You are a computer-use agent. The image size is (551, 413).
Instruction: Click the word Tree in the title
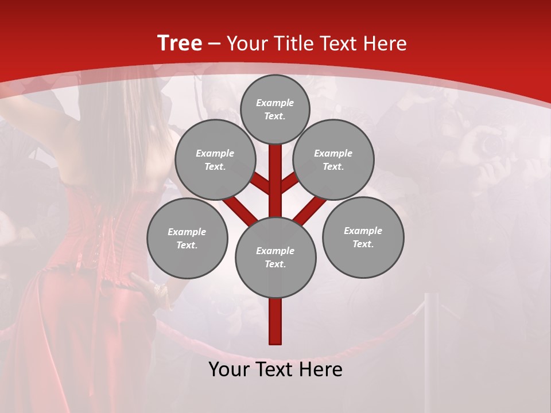pyautogui.click(x=180, y=44)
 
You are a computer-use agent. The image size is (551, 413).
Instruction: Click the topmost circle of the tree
pyautogui.click(x=275, y=109)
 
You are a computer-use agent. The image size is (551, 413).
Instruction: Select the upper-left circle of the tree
pyautogui.click(x=215, y=159)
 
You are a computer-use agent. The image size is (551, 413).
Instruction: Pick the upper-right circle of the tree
pyautogui.click(x=333, y=159)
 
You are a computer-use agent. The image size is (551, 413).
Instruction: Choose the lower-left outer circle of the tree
pyautogui.click(x=187, y=238)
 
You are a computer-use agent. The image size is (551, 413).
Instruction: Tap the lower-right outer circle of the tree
pyautogui.click(x=363, y=237)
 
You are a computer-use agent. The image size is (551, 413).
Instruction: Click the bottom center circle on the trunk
pyautogui.click(x=275, y=257)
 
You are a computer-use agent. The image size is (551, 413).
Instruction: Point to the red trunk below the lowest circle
pyautogui.click(x=275, y=321)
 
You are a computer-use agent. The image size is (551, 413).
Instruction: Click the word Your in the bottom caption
pyautogui.click(x=228, y=369)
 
